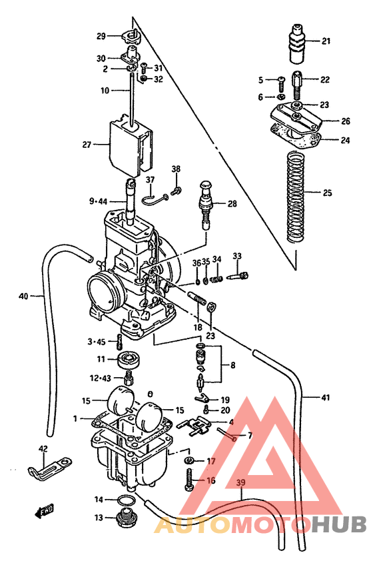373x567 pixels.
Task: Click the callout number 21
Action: click(326, 41)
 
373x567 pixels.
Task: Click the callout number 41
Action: click(325, 398)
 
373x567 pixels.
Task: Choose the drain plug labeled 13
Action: click(125, 518)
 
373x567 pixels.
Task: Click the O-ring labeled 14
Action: click(126, 500)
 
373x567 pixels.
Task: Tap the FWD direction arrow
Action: click(44, 512)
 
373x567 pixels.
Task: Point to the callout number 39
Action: click(241, 483)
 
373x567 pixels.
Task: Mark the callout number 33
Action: click(237, 256)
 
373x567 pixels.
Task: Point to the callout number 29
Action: click(101, 36)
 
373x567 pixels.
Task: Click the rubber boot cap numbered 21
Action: click(298, 43)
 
